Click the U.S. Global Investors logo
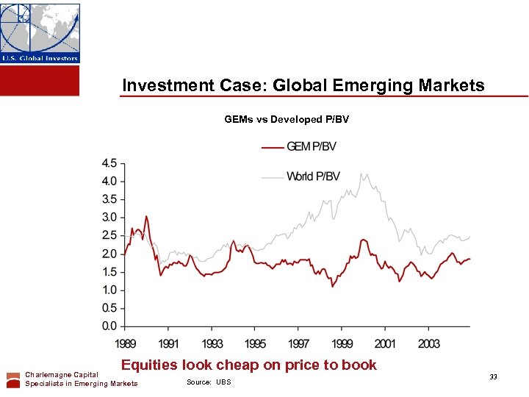[x=40, y=33]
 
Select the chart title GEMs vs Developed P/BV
[x=287, y=119]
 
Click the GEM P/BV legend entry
[x=299, y=146]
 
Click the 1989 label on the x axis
[x=125, y=343]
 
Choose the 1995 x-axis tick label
[x=255, y=343]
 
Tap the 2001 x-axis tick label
[x=385, y=343]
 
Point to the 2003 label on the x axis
[x=428, y=343]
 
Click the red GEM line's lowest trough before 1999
[x=333, y=286]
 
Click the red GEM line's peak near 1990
[x=147, y=216]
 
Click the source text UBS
[x=223, y=382]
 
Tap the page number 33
[x=493, y=377]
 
